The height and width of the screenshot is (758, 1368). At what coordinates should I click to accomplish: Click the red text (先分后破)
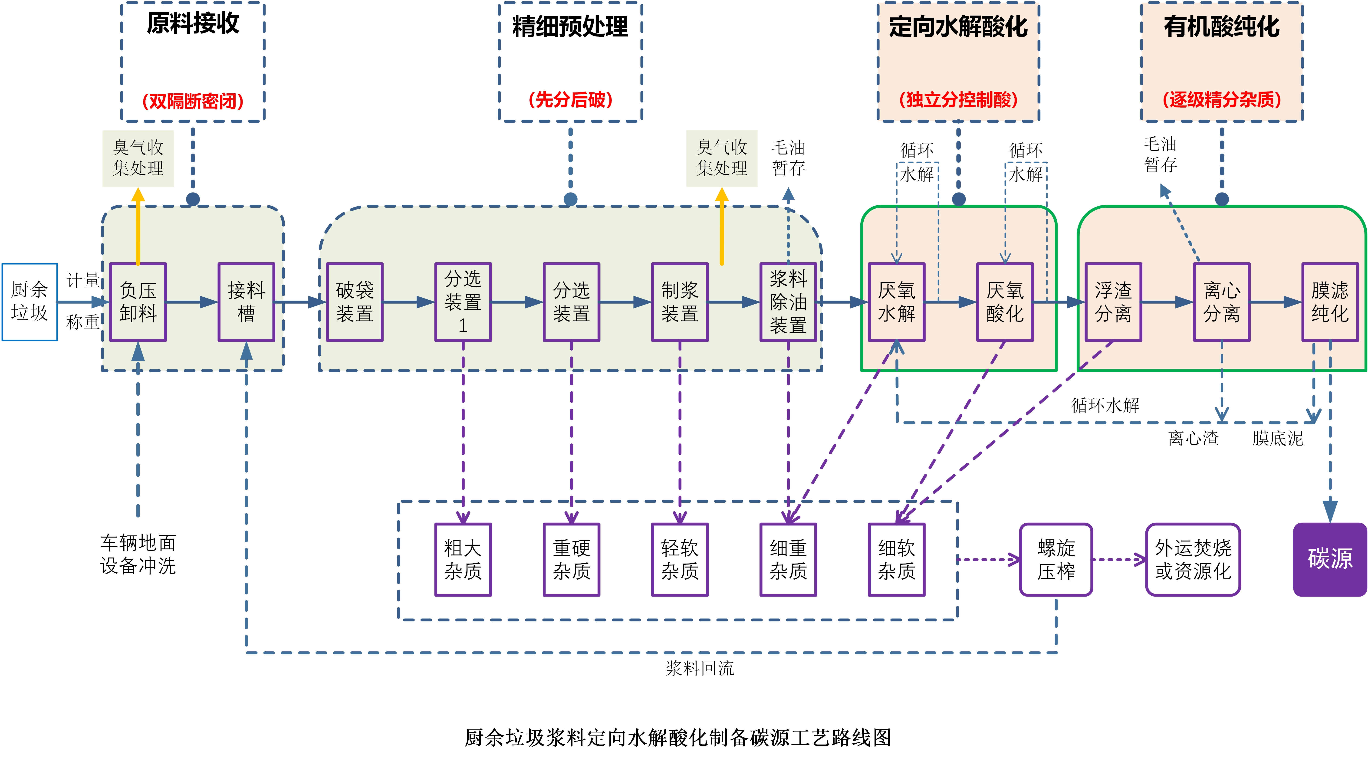(570, 100)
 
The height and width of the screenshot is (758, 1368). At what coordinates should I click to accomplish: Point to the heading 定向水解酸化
(958, 26)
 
